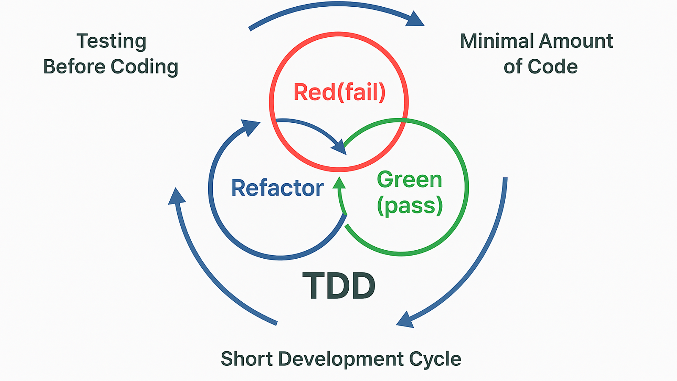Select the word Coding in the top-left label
(x=144, y=67)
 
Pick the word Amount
(x=576, y=41)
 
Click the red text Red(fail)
(x=339, y=92)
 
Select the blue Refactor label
(x=277, y=188)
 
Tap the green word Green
(x=409, y=180)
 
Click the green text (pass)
(x=410, y=206)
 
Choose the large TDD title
(x=338, y=287)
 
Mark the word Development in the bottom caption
(x=341, y=359)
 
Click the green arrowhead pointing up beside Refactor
(x=339, y=183)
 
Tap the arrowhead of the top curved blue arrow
(x=415, y=19)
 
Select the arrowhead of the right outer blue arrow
(x=405, y=320)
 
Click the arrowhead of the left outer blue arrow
(x=176, y=197)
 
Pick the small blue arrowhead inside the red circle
(x=339, y=147)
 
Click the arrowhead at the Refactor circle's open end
(x=250, y=127)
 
